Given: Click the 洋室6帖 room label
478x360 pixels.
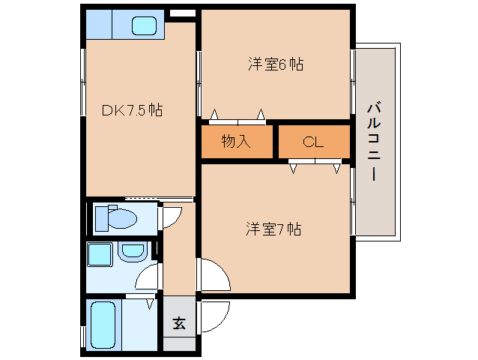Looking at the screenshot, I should click(x=276, y=64).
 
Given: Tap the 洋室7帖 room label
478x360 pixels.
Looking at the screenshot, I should click(x=273, y=229).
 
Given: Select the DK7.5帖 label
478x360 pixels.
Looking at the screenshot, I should click(x=133, y=110).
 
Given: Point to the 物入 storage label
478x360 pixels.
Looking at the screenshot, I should click(x=235, y=140).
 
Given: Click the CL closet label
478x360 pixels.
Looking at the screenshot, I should click(x=313, y=141).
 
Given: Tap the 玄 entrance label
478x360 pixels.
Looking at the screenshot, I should click(x=179, y=323).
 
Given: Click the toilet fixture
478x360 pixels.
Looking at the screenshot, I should click(x=120, y=218).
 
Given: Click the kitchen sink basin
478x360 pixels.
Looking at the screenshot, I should click(x=144, y=25).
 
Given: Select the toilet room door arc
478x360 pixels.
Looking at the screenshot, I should click(x=172, y=218).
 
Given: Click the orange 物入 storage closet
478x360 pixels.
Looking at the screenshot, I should click(x=237, y=141).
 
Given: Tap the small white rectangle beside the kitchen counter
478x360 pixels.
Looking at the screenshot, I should click(x=182, y=13).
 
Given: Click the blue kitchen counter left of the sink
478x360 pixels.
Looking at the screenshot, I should click(x=98, y=25).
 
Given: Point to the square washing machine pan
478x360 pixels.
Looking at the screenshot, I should click(x=100, y=254).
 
